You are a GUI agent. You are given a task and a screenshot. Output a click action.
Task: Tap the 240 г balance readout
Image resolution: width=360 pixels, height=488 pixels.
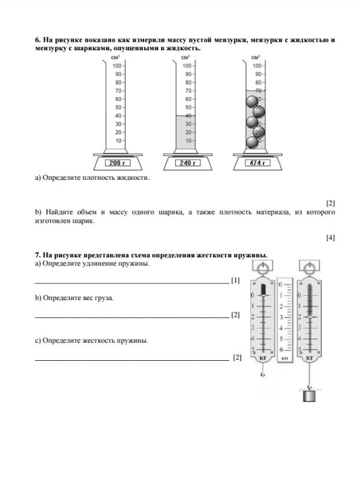tap(186, 163)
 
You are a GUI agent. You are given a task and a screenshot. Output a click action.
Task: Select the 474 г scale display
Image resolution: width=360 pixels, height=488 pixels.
tap(256, 163)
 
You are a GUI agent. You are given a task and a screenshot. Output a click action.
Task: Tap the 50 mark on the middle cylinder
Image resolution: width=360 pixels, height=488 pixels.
tap(188, 108)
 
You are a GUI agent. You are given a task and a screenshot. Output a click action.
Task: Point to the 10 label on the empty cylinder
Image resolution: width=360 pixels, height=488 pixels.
tap(119, 141)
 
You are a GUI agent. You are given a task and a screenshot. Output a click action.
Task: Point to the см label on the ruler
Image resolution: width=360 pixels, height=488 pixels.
tap(285, 358)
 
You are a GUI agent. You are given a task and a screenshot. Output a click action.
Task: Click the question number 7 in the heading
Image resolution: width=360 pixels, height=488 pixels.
tap(38, 255)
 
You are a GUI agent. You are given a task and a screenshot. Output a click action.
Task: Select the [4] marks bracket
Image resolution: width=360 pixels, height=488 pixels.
tap(330, 237)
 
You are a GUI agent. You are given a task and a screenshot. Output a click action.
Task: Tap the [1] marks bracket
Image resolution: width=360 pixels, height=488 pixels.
tap(235, 280)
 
